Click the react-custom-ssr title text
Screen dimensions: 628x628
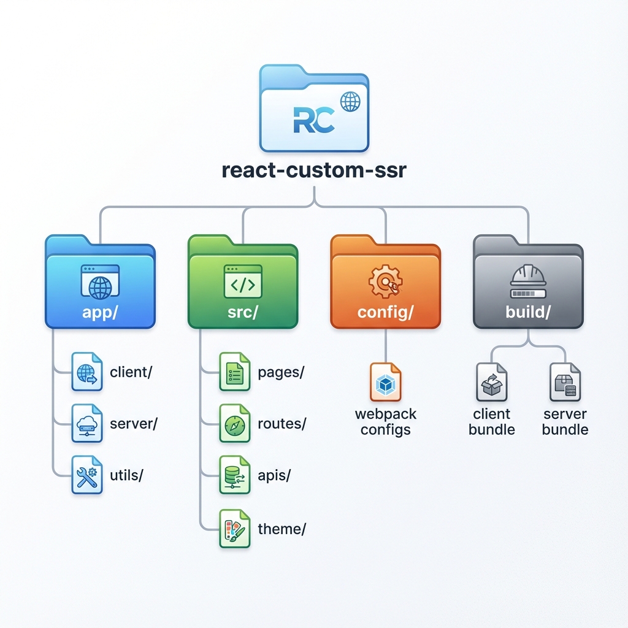click(313, 170)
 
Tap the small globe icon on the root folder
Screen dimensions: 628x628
click(350, 102)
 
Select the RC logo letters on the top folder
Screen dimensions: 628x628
click(314, 120)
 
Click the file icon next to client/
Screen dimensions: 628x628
click(86, 372)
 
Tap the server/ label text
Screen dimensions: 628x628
click(134, 424)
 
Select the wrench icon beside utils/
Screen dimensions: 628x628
click(86, 475)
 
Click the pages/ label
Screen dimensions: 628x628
click(281, 372)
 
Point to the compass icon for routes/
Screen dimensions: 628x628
click(235, 424)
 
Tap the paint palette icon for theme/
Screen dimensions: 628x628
click(235, 529)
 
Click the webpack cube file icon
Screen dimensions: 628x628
click(385, 383)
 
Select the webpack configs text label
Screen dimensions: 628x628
click(385, 421)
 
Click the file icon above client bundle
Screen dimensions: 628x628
click(491, 383)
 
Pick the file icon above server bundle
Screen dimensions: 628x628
click(565, 383)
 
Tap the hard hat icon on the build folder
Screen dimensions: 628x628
click(528, 277)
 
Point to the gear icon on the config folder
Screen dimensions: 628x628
click(385, 281)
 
